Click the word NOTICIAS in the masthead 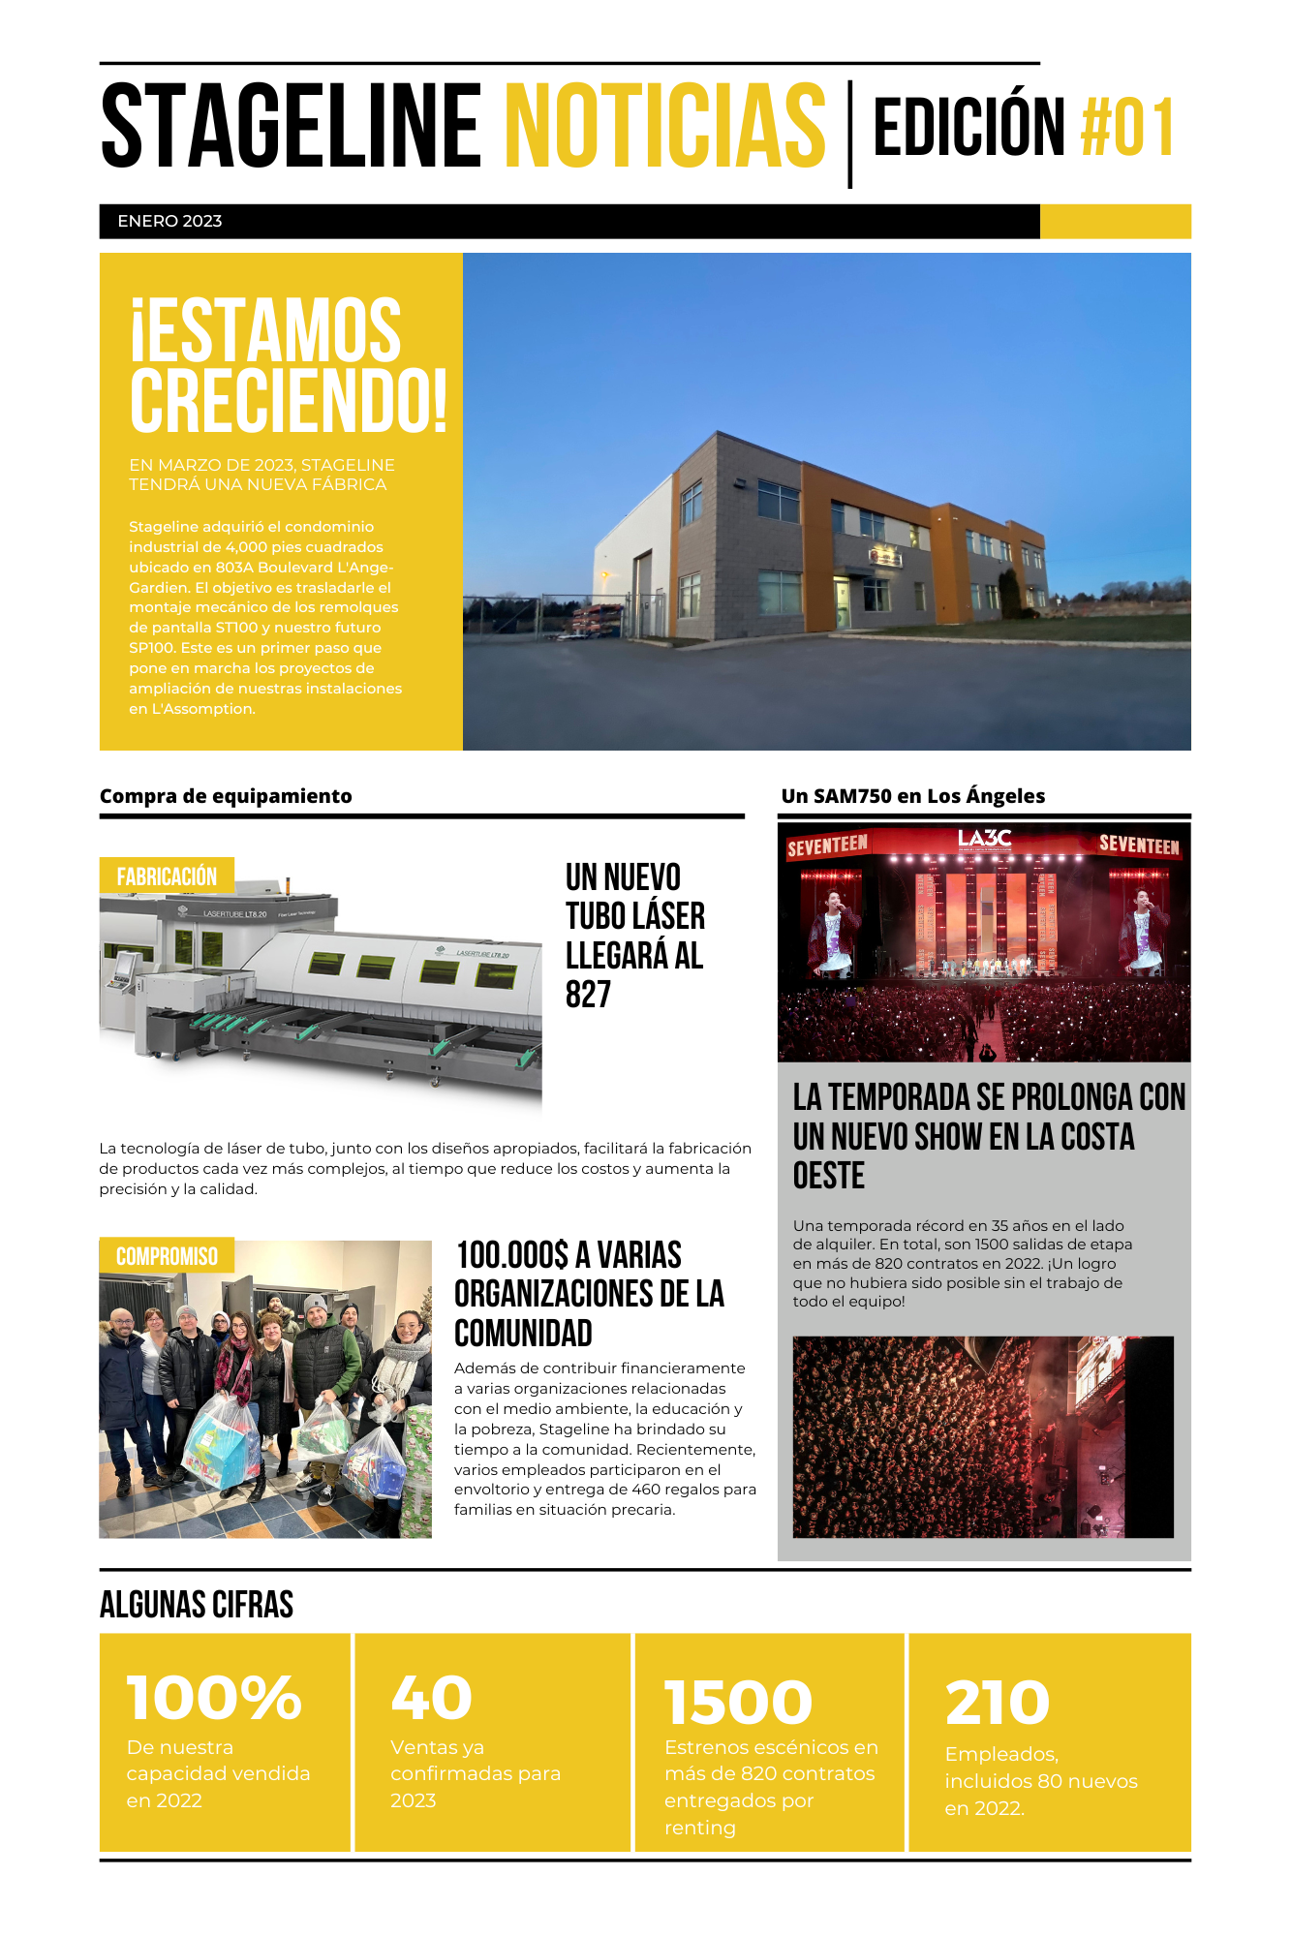tap(665, 126)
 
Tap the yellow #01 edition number tap(1127, 127)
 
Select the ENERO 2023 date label tap(169, 221)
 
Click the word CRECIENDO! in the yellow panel tap(289, 400)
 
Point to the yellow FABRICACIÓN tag tap(167, 876)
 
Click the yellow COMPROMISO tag tap(167, 1256)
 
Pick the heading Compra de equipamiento tap(226, 796)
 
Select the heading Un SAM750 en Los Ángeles tap(913, 796)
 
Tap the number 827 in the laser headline tap(588, 995)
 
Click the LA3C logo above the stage tap(984, 839)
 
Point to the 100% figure tap(214, 1698)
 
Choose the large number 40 tap(431, 1698)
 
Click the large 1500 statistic tap(738, 1703)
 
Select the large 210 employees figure tap(998, 1703)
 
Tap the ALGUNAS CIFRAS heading tap(197, 1605)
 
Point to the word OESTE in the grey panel tap(829, 1176)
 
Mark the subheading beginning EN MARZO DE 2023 tap(261, 475)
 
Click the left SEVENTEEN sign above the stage tap(827, 846)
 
